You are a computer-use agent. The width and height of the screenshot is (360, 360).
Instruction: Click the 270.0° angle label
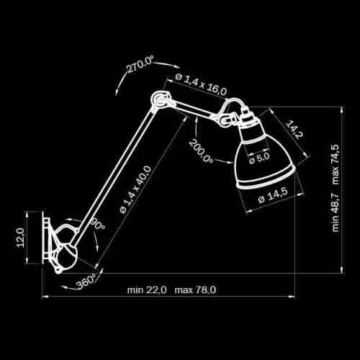tap(140, 64)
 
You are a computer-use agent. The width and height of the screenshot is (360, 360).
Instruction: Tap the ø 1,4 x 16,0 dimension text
tap(201, 84)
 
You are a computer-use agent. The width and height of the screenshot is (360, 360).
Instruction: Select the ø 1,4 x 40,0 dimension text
tap(136, 189)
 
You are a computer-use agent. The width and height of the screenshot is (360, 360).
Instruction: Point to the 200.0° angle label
tap(201, 151)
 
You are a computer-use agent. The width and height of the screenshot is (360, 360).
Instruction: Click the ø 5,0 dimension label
tap(259, 158)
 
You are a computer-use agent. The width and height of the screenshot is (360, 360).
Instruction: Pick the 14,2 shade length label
tap(294, 130)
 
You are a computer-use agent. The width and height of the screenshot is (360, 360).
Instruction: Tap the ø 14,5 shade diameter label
tap(273, 196)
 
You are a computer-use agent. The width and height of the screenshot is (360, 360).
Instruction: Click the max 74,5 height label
tap(336, 164)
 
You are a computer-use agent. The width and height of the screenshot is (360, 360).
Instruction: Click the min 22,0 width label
tap(147, 290)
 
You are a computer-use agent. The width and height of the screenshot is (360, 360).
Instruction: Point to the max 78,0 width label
tap(195, 290)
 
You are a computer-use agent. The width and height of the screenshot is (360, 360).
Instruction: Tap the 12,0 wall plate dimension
tap(20, 238)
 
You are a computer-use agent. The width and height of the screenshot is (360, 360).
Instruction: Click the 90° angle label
tap(97, 224)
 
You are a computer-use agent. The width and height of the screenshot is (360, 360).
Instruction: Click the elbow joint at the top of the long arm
tap(161, 99)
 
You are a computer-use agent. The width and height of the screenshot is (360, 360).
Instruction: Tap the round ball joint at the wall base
tap(67, 257)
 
